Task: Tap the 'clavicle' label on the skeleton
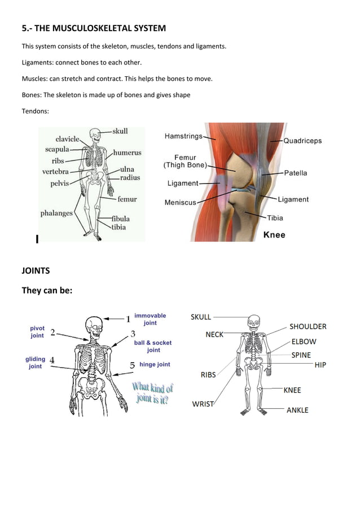click(67, 139)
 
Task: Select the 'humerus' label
click(127, 152)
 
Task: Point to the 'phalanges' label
click(56, 213)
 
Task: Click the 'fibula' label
click(120, 219)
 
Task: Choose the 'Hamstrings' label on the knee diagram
click(183, 136)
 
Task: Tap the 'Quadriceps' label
click(302, 140)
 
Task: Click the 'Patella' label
click(295, 173)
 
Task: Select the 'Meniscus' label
click(180, 202)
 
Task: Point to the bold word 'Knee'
click(274, 234)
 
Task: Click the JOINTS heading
click(36, 271)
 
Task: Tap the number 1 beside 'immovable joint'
click(128, 319)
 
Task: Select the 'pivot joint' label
click(37, 332)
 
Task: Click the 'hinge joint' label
click(155, 365)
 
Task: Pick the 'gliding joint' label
click(35, 363)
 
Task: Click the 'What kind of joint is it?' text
click(152, 393)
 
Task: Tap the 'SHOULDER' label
click(308, 326)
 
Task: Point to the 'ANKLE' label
click(297, 409)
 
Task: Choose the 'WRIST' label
click(203, 404)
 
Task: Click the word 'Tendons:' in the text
click(36, 111)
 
